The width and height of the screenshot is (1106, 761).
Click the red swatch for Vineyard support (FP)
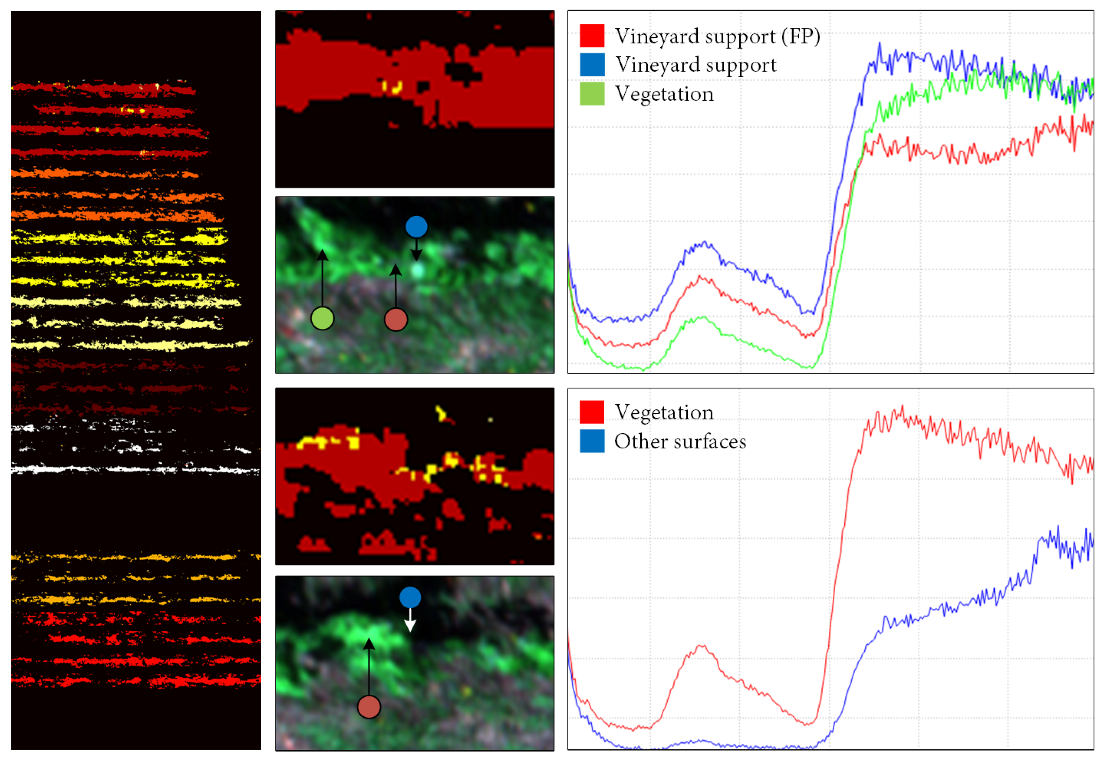(x=592, y=36)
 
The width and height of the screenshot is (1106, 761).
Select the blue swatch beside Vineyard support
(x=592, y=65)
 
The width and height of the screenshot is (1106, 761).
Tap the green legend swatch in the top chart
(x=592, y=94)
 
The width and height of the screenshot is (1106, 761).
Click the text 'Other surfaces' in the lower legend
(x=680, y=441)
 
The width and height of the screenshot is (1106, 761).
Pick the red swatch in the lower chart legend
(x=592, y=412)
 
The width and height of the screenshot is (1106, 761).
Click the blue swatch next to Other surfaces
(x=592, y=441)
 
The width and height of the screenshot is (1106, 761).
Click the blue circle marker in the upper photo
(x=416, y=227)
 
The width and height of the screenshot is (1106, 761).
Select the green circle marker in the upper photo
(x=322, y=318)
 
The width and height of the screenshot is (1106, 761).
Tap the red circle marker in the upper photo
(x=396, y=320)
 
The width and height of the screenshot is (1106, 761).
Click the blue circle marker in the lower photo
(x=410, y=597)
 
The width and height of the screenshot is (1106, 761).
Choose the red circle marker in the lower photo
(x=369, y=707)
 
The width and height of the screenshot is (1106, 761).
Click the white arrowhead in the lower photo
(x=410, y=626)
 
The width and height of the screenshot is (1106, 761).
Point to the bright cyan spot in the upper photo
(x=418, y=271)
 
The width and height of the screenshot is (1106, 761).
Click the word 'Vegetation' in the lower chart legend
(x=664, y=412)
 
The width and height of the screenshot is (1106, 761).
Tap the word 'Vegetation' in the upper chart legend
(x=664, y=94)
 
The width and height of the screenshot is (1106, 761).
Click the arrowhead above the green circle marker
(x=322, y=255)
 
